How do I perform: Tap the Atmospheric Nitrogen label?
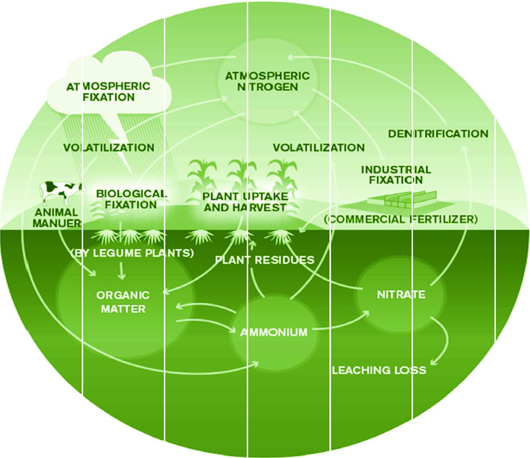pos(267,81)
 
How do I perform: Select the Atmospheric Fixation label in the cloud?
pos(108,92)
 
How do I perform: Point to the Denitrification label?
pos(438,134)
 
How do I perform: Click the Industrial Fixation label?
pos(396,175)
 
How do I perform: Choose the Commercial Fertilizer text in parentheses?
pos(400,219)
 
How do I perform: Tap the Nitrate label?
pos(401,294)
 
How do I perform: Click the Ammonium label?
pos(274,332)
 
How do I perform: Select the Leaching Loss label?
pos(379,370)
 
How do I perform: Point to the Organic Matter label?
pos(123,302)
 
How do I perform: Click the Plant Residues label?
pos(265,260)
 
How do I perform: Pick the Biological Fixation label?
pos(131,199)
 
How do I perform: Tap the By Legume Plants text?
pos(132,253)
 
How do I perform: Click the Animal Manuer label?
pos(57,218)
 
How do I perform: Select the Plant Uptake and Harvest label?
pos(245,202)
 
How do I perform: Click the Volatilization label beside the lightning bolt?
pos(108,148)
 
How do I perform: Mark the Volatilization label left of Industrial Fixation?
pos(318,148)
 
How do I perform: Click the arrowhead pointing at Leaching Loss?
pos(434,362)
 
